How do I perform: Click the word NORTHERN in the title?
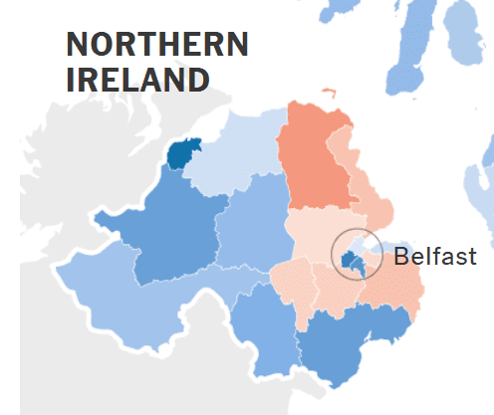(x=156, y=46)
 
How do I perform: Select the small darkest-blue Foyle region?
(x=183, y=153)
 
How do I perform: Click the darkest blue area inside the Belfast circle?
(x=351, y=261)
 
